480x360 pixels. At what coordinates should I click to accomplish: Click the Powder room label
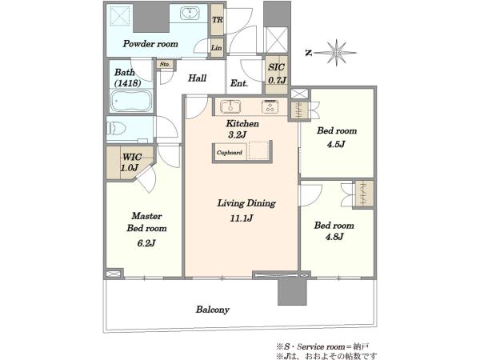tap(150, 44)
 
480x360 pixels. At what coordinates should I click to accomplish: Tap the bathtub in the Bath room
tap(131, 101)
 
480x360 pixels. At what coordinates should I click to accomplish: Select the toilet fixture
tap(116, 128)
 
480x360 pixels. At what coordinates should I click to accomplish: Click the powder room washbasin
tap(190, 13)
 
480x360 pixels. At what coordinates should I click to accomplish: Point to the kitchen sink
tap(230, 107)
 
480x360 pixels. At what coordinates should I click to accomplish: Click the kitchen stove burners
tap(270, 106)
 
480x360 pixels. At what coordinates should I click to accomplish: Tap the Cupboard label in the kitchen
tap(230, 153)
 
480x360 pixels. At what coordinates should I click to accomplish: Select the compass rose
tap(336, 53)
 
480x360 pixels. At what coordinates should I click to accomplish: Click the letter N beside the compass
tap(309, 53)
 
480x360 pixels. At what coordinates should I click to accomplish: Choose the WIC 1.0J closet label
tap(131, 162)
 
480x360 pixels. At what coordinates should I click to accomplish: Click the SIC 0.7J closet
tap(277, 74)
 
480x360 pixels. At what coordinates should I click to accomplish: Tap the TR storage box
tap(218, 20)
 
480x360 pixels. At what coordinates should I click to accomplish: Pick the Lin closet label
tap(217, 48)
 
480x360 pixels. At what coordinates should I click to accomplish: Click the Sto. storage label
tap(165, 64)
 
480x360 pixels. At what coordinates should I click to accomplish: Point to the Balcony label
tap(213, 310)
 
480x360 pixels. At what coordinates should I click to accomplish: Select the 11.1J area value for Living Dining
tap(242, 218)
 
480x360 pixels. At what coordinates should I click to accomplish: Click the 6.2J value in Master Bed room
tap(146, 243)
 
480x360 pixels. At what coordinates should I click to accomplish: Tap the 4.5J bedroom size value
tap(336, 144)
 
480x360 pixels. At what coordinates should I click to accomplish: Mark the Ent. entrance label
tap(239, 83)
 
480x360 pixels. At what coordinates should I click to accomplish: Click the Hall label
tap(197, 78)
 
